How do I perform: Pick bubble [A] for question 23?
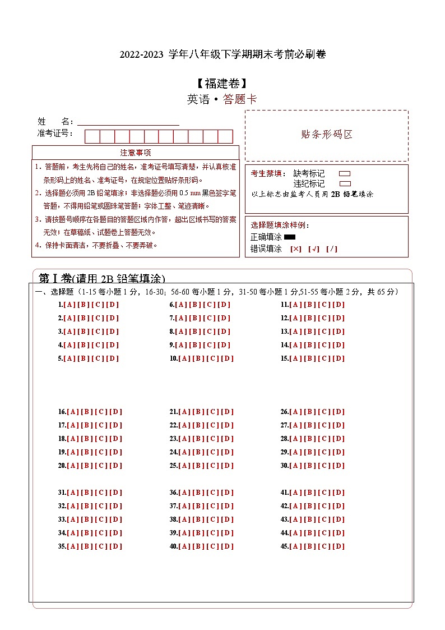(184, 439)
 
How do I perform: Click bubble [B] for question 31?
(87, 493)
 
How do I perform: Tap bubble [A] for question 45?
(296, 546)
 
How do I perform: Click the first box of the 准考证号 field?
(92, 136)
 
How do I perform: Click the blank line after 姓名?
(128, 122)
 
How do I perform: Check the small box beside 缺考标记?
(345, 174)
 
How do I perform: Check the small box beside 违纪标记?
(345, 183)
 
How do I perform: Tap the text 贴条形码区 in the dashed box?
(327, 135)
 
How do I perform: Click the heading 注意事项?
(136, 153)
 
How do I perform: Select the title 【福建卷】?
(222, 84)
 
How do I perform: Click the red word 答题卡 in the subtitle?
(240, 100)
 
